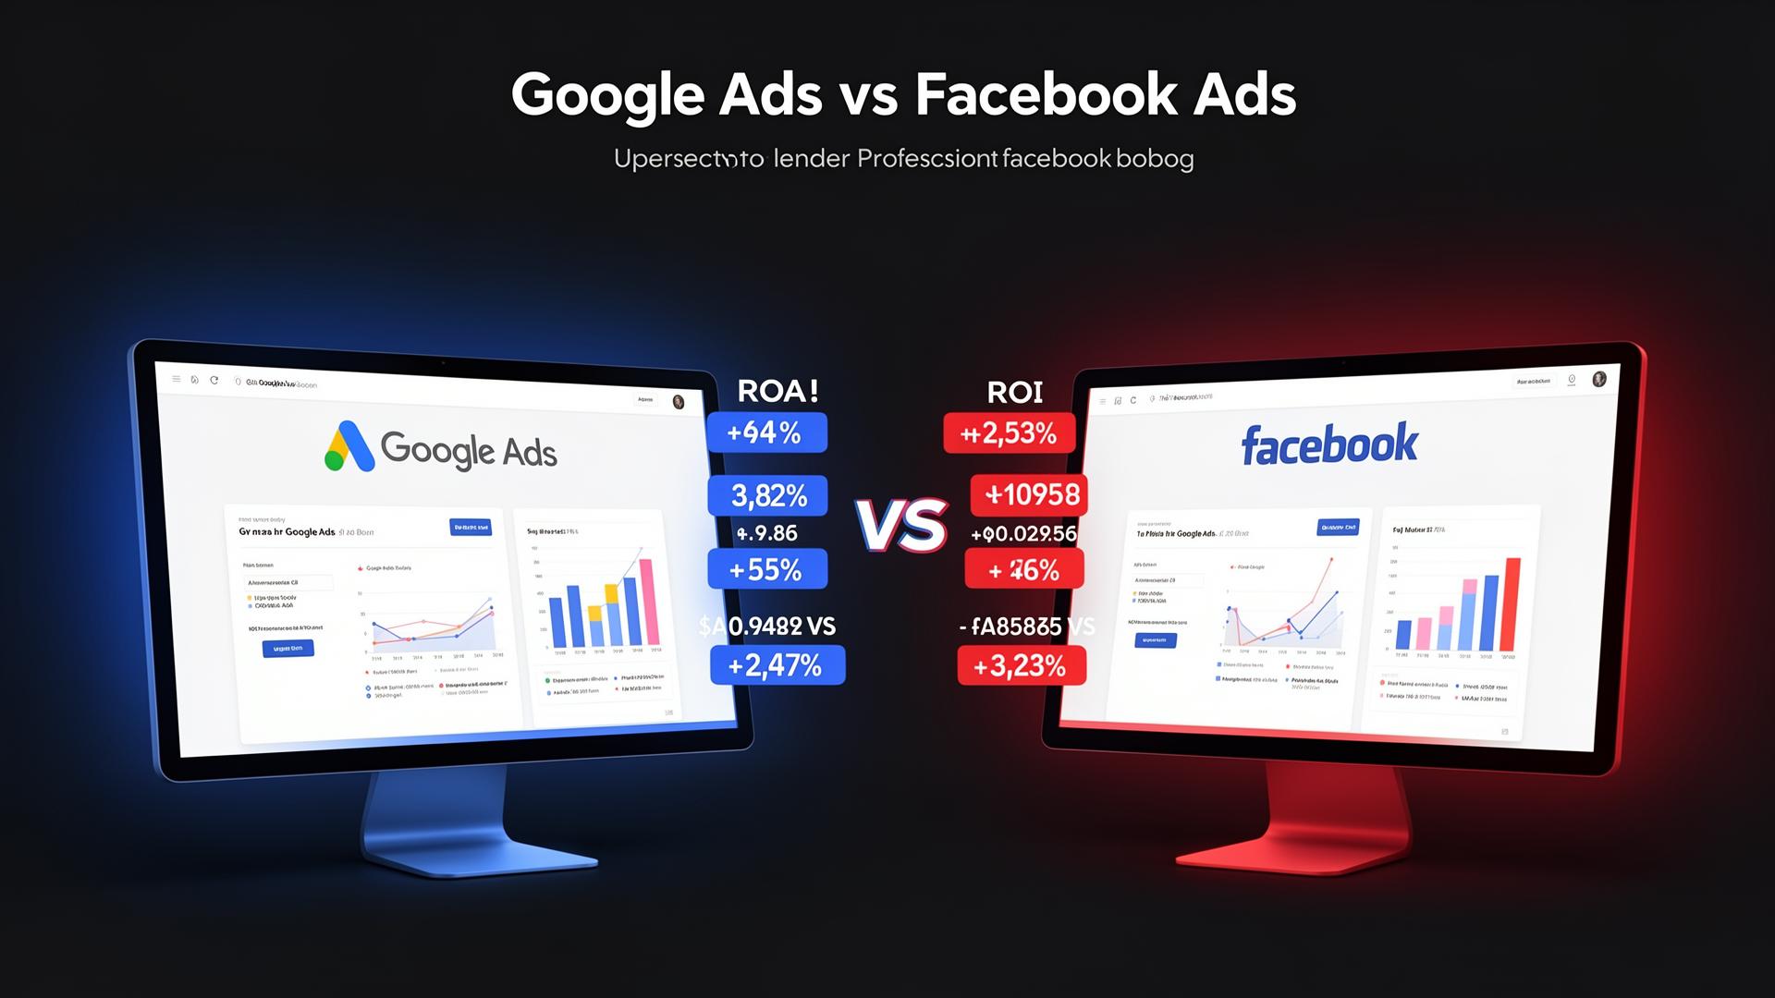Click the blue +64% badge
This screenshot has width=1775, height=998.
[x=765, y=432]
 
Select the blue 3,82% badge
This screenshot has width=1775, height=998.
[x=767, y=496]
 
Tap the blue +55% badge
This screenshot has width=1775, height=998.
[x=766, y=569]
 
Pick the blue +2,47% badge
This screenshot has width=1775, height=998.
[x=777, y=665]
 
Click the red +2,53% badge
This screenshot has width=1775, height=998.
[x=1009, y=433]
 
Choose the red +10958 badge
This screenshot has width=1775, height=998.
[x=1030, y=495]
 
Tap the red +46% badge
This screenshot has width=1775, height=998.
[x=1023, y=570]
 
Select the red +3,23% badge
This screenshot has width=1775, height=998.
[x=1021, y=665]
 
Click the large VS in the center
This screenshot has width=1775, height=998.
[x=901, y=525]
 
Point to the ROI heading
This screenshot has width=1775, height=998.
[x=1014, y=393]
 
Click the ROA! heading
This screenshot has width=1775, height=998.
[x=777, y=391]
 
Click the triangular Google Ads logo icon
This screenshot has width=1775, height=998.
[x=349, y=447]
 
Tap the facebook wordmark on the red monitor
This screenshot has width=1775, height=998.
[x=1328, y=444]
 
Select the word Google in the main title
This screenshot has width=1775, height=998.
[x=610, y=95]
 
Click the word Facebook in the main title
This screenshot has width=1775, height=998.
[x=1047, y=95]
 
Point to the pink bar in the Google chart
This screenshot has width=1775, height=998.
[x=649, y=602]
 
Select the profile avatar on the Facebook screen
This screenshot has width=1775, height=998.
[x=1599, y=379]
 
